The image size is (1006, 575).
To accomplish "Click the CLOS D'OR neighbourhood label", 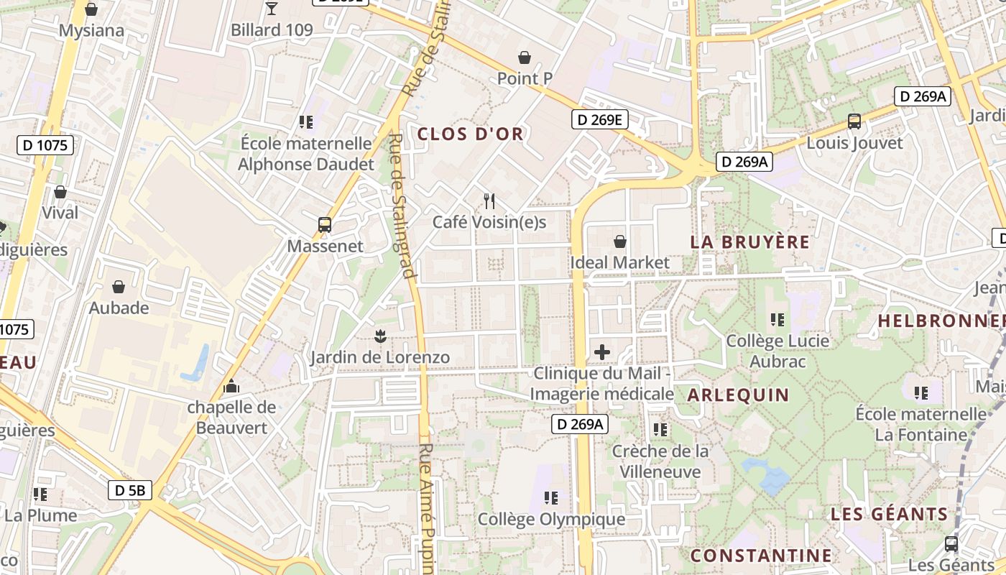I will [x=470, y=134].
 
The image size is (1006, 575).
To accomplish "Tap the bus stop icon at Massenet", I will [x=325, y=225].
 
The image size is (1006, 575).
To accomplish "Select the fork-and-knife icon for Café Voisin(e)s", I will [x=489, y=201].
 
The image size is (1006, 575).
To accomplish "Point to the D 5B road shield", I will [x=130, y=491].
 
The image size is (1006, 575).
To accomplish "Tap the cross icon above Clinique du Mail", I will [x=602, y=352].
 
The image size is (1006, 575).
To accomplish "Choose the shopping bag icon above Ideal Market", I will [x=619, y=241].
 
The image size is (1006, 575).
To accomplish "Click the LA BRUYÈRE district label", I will [x=750, y=241].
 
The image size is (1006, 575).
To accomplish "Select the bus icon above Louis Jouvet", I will [x=854, y=121].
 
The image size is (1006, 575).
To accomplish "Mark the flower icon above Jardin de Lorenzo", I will [x=380, y=336].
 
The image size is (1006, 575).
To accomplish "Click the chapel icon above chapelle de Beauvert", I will [x=231, y=386].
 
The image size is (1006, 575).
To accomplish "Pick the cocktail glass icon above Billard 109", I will [x=272, y=9].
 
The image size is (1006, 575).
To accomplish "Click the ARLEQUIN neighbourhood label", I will [x=738, y=395].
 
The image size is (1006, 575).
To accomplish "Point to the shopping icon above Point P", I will [x=525, y=57].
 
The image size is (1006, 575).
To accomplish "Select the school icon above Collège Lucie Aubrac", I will [x=777, y=319].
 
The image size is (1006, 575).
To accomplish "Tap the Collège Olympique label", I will [x=551, y=519].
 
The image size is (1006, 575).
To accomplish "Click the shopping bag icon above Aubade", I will [x=119, y=287].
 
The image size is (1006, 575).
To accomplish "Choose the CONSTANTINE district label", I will [x=761, y=556].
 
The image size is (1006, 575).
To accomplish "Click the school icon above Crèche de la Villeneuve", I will [x=660, y=430].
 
